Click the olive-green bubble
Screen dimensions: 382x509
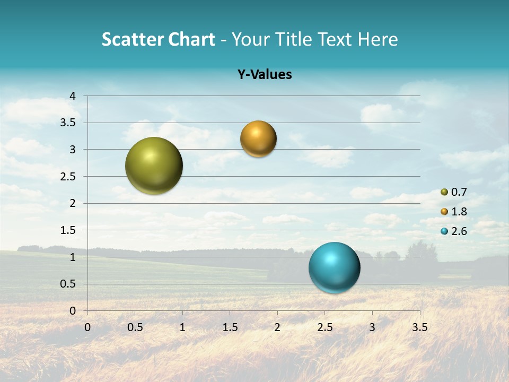pyautogui.click(x=154, y=166)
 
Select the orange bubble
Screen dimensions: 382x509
pyautogui.click(x=258, y=139)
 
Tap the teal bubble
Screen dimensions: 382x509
pyautogui.click(x=334, y=267)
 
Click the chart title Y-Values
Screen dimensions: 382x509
pyautogui.click(x=265, y=75)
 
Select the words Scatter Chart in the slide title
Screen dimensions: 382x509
pyautogui.click(x=158, y=39)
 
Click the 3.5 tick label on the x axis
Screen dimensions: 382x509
pyautogui.click(x=419, y=327)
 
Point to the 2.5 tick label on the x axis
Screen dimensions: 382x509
pyautogui.click(x=324, y=327)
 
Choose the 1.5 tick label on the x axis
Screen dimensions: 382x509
pyautogui.click(x=230, y=327)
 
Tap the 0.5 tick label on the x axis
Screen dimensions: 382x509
pyautogui.click(x=135, y=327)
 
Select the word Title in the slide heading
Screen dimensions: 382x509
pyautogui.click(x=294, y=39)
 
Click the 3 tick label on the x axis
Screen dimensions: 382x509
pyautogui.click(x=372, y=327)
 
